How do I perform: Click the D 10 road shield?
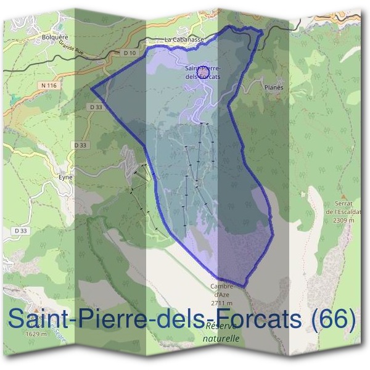tap(129, 53)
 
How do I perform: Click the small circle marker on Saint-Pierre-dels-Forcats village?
tap(205, 73)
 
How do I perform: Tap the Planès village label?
tap(273, 88)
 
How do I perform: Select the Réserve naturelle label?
tap(221, 332)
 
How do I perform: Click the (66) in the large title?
tap(334, 319)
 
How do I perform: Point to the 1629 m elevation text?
tap(36, 334)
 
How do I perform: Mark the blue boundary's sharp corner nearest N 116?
tap(92, 88)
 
